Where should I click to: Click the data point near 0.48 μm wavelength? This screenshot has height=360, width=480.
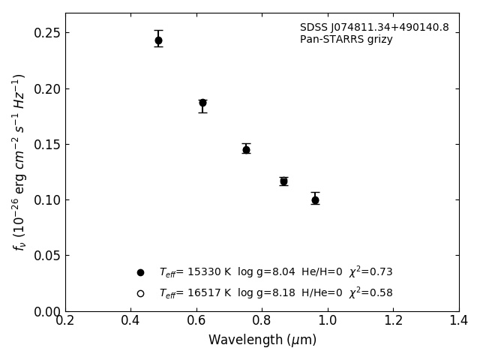[x=158, y=40]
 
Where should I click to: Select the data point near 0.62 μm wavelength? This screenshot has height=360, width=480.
[x=202, y=103]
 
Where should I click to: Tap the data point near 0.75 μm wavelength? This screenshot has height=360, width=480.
[x=246, y=149]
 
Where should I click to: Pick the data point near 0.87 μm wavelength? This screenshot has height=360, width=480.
[x=283, y=181]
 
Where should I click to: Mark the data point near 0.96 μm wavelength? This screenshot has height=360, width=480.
[x=315, y=199]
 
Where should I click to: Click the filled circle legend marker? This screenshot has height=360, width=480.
[x=140, y=272]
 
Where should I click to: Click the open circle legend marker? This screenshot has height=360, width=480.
[x=140, y=293]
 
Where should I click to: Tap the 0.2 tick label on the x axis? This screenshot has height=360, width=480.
[x=65, y=321]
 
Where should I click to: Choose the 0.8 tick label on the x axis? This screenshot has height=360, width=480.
[x=262, y=321]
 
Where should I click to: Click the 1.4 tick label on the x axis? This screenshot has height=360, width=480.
[x=458, y=321]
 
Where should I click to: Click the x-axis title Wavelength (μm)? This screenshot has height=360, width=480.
[x=262, y=340]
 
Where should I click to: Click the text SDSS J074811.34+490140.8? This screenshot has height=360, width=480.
[x=374, y=28]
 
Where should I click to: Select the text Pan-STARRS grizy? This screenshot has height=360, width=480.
[x=346, y=40]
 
